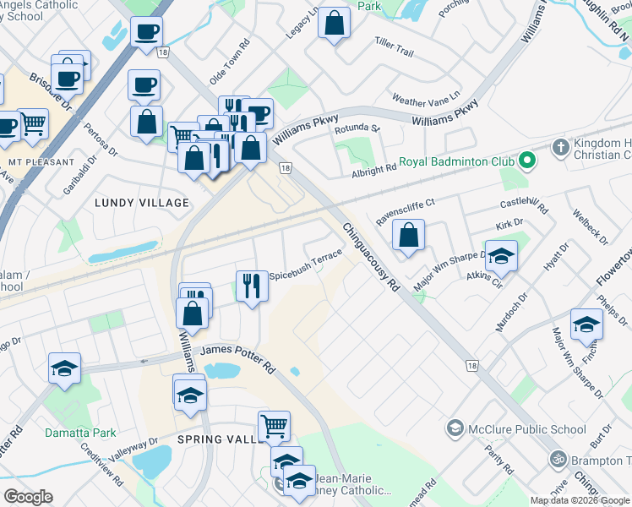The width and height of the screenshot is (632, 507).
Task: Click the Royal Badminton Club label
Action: pyautogui.click(x=457, y=160)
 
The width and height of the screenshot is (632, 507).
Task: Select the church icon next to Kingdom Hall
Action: pyautogui.click(x=558, y=149)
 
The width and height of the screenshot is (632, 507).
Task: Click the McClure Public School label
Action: pyautogui.click(x=527, y=429)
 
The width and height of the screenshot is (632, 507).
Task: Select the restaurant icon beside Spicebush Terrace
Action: pyautogui.click(x=251, y=286)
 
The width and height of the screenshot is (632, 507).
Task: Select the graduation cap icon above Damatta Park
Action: pyautogui.click(x=64, y=368)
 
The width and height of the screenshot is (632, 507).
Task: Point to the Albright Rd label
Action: pyautogui.click(x=373, y=173)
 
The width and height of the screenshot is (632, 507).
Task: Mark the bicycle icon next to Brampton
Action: pyautogui.click(x=558, y=459)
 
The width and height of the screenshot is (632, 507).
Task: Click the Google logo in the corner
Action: pyautogui.click(x=28, y=497)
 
